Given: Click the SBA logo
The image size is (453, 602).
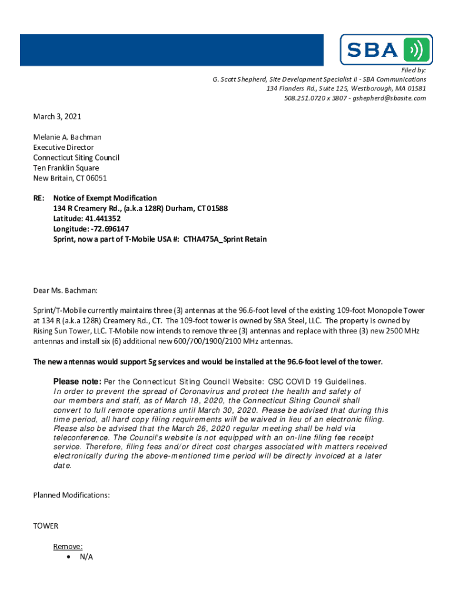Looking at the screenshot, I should (x=386, y=49).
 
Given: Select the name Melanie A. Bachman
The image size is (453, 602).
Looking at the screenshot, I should (x=67, y=137).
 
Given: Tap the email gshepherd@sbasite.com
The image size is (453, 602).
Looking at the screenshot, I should (x=390, y=98).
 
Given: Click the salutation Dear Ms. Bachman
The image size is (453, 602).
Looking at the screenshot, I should (x=65, y=290).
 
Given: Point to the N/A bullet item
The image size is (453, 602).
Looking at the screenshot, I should (x=86, y=557).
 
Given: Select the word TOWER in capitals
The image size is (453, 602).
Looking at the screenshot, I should (x=46, y=526).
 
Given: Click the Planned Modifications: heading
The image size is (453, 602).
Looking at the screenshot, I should (x=71, y=495).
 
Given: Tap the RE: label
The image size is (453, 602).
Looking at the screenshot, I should (x=39, y=198).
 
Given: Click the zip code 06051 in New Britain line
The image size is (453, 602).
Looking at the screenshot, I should (x=96, y=178).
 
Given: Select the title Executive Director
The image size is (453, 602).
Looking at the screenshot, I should (x=63, y=148).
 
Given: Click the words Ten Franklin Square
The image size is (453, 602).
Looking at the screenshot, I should (x=66, y=168).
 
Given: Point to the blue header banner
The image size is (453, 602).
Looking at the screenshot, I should (x=171, y=50).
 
